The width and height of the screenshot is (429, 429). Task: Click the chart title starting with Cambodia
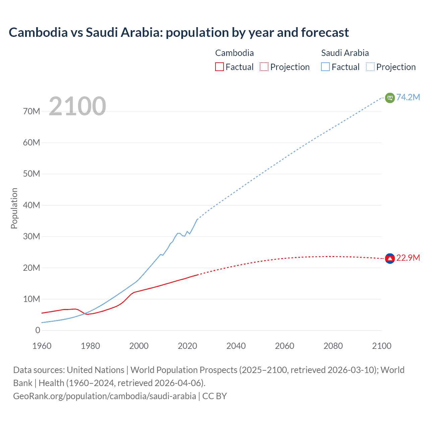(179, 33)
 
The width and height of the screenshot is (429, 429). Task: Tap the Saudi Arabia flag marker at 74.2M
(390, 98)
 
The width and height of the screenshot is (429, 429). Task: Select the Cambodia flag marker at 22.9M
(390, 258)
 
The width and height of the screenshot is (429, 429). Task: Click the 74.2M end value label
(408, 97)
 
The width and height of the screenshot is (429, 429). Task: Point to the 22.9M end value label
(408, 258)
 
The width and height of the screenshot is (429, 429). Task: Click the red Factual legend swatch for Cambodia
(219, 67)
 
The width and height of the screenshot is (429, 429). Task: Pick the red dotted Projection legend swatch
(264, 67)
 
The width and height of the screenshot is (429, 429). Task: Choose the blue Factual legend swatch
(325, 67)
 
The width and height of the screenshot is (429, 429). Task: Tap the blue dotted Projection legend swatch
(370, 67)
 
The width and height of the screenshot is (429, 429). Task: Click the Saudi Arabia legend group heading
(345, 53)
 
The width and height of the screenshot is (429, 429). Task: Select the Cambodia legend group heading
(234, 53)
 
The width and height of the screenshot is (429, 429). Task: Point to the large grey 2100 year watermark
(77, 106)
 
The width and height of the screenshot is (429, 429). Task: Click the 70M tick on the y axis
(32, 111)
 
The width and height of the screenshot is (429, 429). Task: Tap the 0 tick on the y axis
(38, 330)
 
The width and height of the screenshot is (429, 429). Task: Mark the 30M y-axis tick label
(32, 236)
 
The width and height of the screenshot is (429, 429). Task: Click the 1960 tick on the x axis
(42, 346)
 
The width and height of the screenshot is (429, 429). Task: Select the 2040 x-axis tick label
(236, 346)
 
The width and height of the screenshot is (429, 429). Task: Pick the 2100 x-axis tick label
(381, 346)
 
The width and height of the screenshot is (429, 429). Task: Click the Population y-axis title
(14, 208)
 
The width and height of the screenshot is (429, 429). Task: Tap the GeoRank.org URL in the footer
(105, 396)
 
